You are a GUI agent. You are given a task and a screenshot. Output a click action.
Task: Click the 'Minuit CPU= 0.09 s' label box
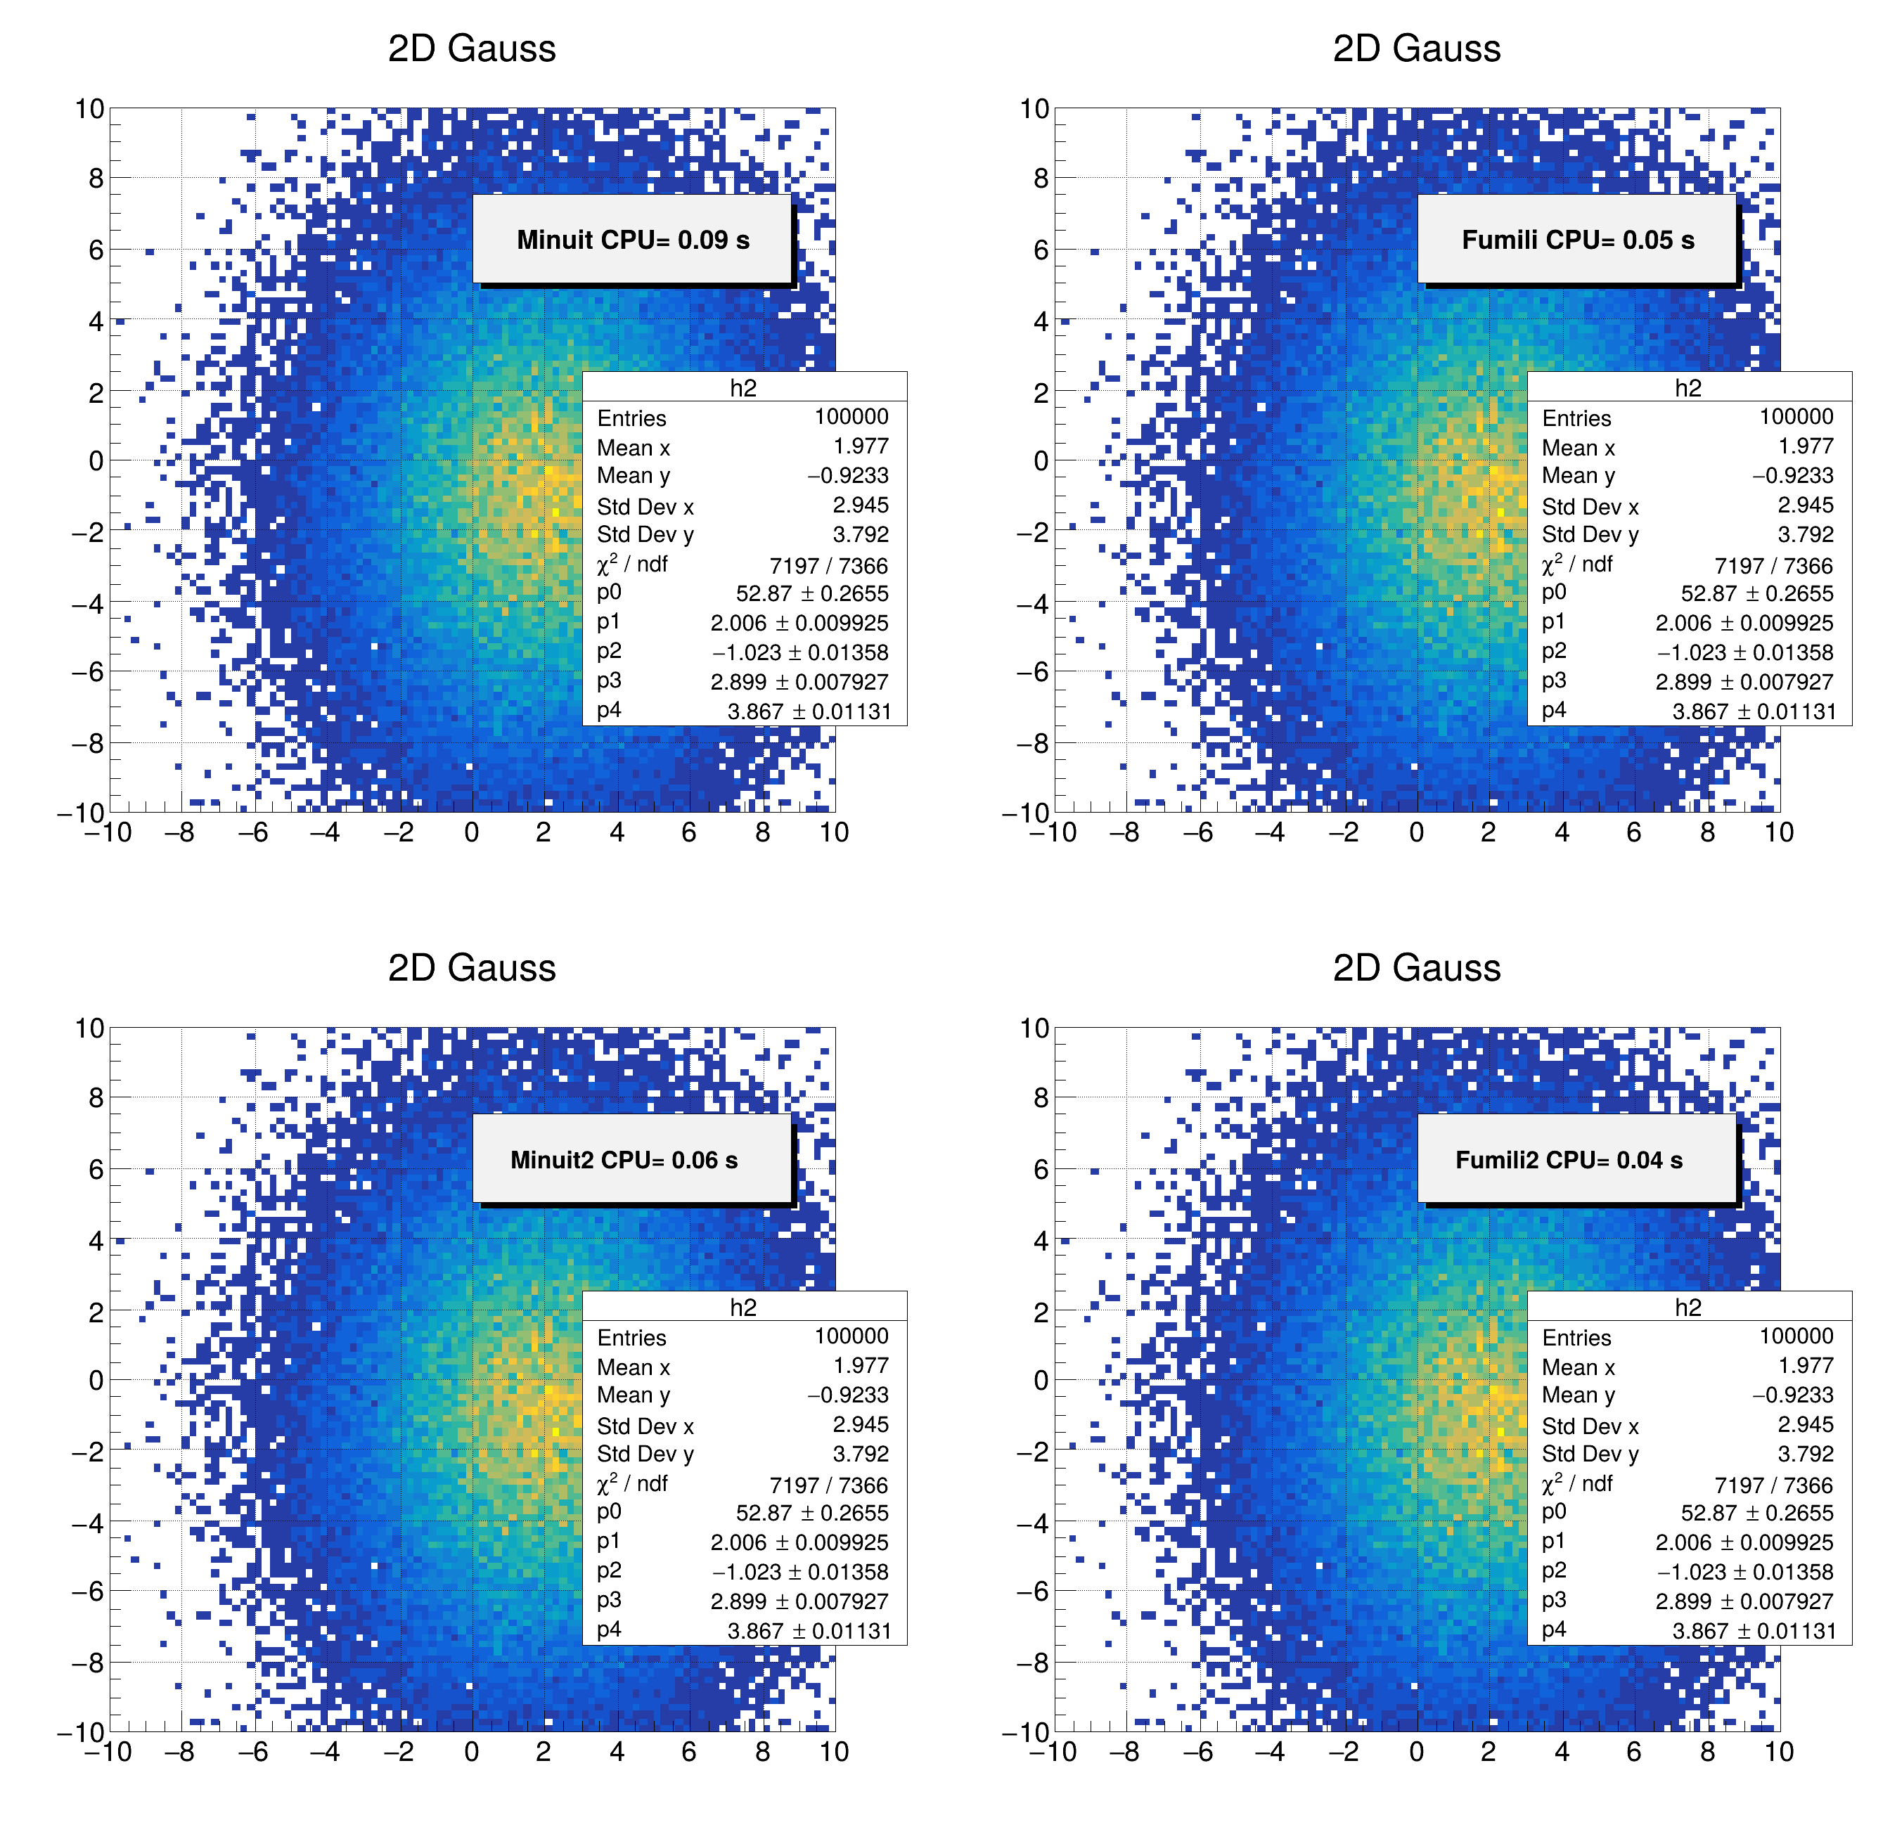(632, 240)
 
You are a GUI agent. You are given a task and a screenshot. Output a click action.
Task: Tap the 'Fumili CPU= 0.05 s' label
(1577, 240)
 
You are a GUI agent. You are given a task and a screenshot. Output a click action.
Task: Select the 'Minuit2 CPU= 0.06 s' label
(624, 1159)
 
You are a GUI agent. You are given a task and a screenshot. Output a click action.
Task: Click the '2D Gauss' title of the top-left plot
(472, 49)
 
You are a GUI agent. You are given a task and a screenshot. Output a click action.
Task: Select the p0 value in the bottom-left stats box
(811, 1513)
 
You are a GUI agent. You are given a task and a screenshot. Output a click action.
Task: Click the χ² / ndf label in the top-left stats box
(632, 563)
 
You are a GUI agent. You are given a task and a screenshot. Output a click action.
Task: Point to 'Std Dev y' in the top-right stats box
(1590, 534)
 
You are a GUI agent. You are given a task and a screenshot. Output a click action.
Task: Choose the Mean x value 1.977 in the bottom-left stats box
(860, 1366)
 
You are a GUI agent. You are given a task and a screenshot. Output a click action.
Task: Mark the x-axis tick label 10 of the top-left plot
(834, 832)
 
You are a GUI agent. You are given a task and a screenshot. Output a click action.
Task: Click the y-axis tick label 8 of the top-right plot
(1040, 178)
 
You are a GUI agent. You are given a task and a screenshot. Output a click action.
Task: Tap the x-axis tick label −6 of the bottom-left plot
(252, 1752)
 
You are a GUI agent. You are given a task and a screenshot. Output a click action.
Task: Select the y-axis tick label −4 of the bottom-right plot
(1032, 1523)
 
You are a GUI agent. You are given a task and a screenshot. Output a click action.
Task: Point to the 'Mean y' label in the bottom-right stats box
(1578, 1395)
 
